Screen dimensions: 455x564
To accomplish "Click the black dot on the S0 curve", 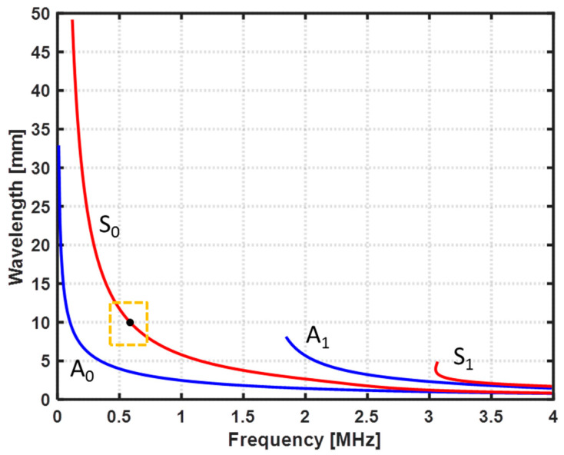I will coord(130,323).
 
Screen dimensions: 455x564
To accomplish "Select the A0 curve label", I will coord(84,370).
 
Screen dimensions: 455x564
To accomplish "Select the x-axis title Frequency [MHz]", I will coord(305,442).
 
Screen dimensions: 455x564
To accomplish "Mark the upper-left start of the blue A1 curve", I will coord(287,337).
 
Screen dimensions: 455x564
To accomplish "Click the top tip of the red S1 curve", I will coord(436,363).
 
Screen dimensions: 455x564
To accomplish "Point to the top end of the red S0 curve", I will coord(72,21).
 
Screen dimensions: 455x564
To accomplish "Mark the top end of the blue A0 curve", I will coord(58,146).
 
